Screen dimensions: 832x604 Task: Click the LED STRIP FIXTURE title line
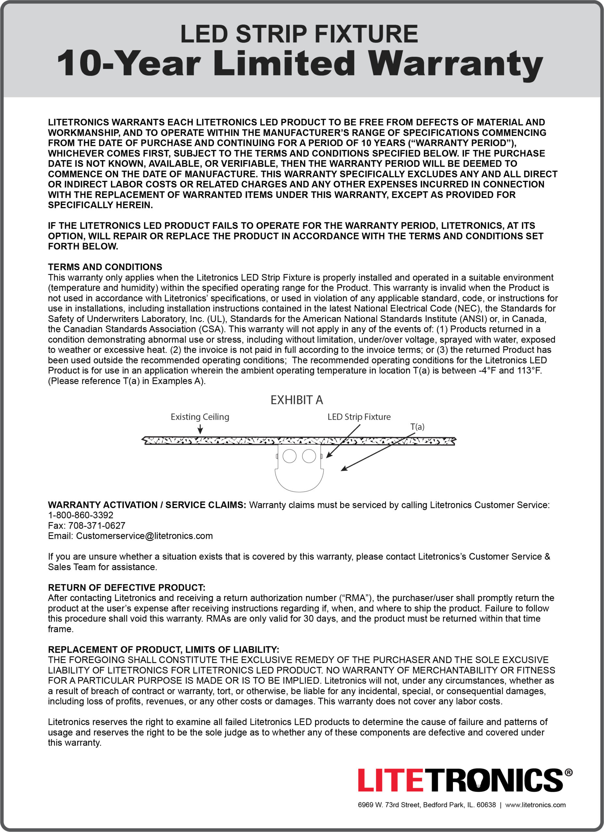(x=299, y=34)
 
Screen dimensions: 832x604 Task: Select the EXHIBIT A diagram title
(x=296, y=400)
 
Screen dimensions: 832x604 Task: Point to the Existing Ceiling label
(x=200, y=417)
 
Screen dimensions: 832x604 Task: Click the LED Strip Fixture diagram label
(x=359, y=417)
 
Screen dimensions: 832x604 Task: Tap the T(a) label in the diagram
(x=417, y=427)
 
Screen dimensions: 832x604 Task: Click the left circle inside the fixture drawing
(x=289, y=456)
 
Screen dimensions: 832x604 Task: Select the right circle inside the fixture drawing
(x=309, y=456)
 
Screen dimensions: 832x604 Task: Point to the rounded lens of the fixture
(x=299, y=481)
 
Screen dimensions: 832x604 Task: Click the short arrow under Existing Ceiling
(x=200, y=429)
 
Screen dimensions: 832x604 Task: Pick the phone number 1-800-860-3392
(x=81, y=515)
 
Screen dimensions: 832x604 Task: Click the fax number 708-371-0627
(x=97, y=525)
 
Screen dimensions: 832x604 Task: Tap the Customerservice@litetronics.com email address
(x=144, y=536)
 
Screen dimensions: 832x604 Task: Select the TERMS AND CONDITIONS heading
(x=105, y=267)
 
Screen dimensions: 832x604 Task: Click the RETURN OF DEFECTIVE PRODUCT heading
(x=126, y=587)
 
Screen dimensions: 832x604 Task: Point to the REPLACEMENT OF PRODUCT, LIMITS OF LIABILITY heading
(x=163, y=649)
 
